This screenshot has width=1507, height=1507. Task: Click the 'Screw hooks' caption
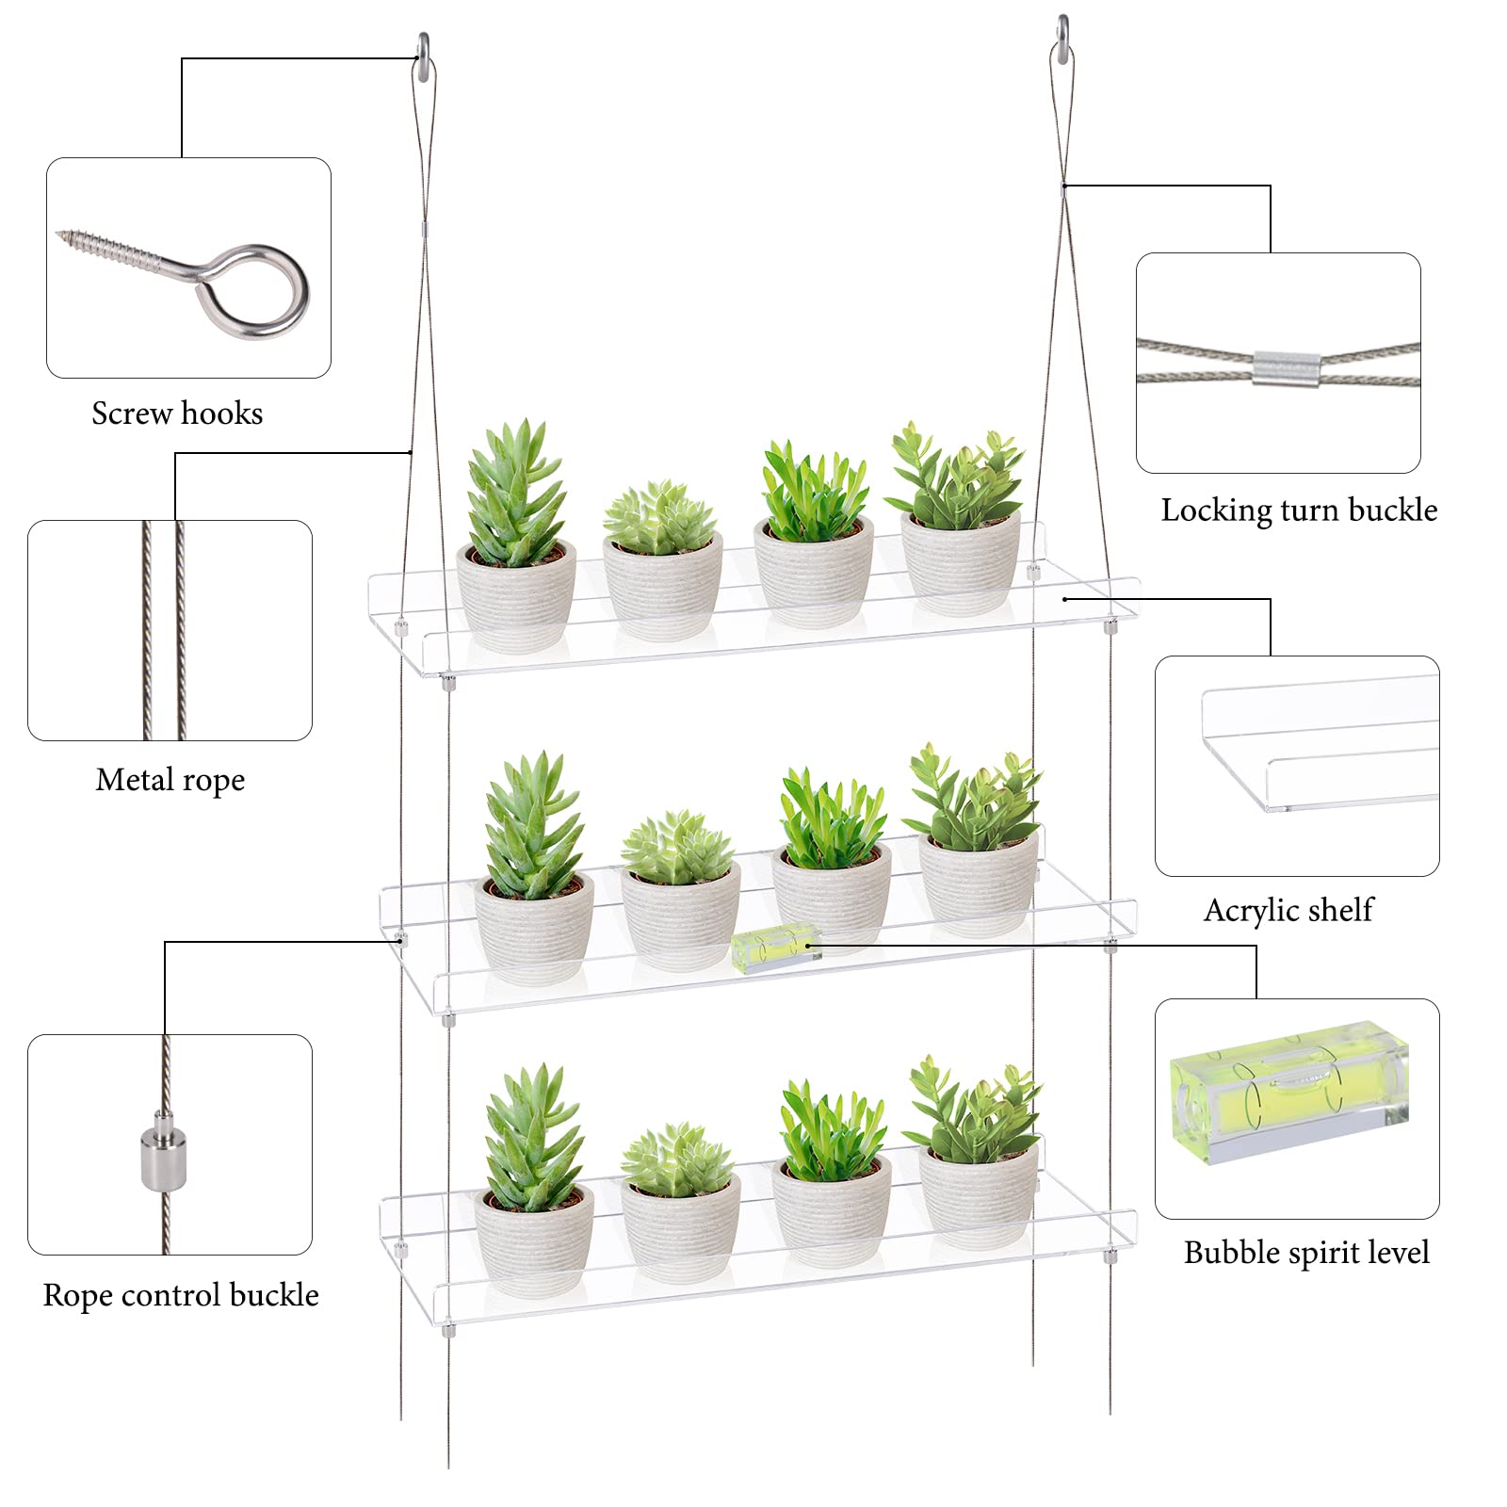pyautogui.click(x=177, y=413)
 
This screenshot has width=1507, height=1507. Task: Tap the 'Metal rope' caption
pyautogui.click(x=170, y=780)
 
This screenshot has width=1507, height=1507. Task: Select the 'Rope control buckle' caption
pyautogui.click(x=181, y=1295)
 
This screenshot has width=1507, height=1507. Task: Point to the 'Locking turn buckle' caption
pyautogui.click(x=1299, y=510)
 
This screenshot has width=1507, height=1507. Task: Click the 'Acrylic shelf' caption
pyautogui.click(x=1288, y=910)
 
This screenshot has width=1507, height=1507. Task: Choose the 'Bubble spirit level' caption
pyautogui.click(x=1306, y=1253)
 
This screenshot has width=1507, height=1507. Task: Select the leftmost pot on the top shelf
pyautogui.click(x=515, y=595)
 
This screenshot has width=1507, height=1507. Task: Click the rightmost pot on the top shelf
pyautogui.click(x=961, y=562)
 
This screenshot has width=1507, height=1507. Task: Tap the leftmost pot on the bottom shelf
pyautogui.click(x=534, y=1236)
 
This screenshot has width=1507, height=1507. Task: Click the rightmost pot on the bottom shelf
pyautogui.click(x=979, y=1196)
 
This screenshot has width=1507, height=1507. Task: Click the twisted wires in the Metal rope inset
pyautogui.click(x=163, y=630)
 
